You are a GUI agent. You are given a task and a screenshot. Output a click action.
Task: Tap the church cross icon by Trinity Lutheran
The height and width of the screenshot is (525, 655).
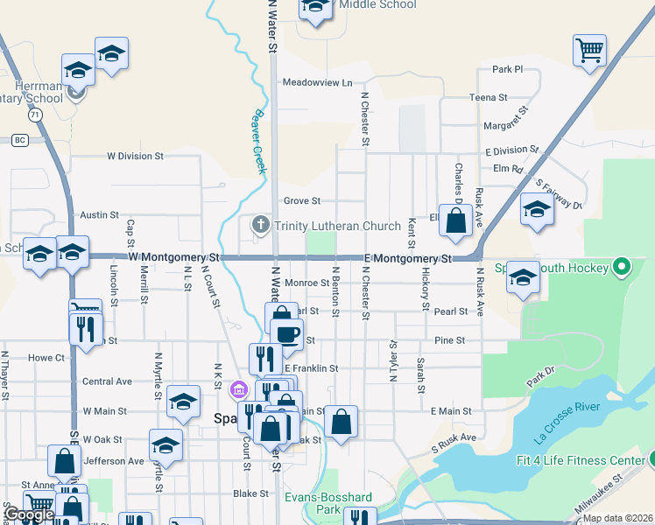coord(260,226)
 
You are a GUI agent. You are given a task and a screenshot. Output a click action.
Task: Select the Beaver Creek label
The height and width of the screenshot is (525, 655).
coord(258,141)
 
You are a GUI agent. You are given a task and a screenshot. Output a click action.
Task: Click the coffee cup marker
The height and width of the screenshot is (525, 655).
coord(286,333)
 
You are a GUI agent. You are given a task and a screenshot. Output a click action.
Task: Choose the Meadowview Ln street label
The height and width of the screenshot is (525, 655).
coord(317,82)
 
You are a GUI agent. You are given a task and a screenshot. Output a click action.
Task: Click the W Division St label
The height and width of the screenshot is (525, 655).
coord(135,157)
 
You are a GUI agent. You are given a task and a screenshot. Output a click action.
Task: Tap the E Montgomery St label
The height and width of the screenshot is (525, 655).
coord(407,258)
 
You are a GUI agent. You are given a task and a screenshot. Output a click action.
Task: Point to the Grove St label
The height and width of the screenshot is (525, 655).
coord(302,200)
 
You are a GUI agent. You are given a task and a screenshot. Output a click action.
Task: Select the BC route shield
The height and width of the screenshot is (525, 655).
coord(19,140)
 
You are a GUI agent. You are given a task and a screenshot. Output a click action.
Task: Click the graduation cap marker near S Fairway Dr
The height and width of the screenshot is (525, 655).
coord(536,210)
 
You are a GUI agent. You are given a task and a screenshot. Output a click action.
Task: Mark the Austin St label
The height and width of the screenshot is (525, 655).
coord(99,214)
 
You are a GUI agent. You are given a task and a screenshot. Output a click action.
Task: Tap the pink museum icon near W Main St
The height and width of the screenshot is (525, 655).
coord(236,389)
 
